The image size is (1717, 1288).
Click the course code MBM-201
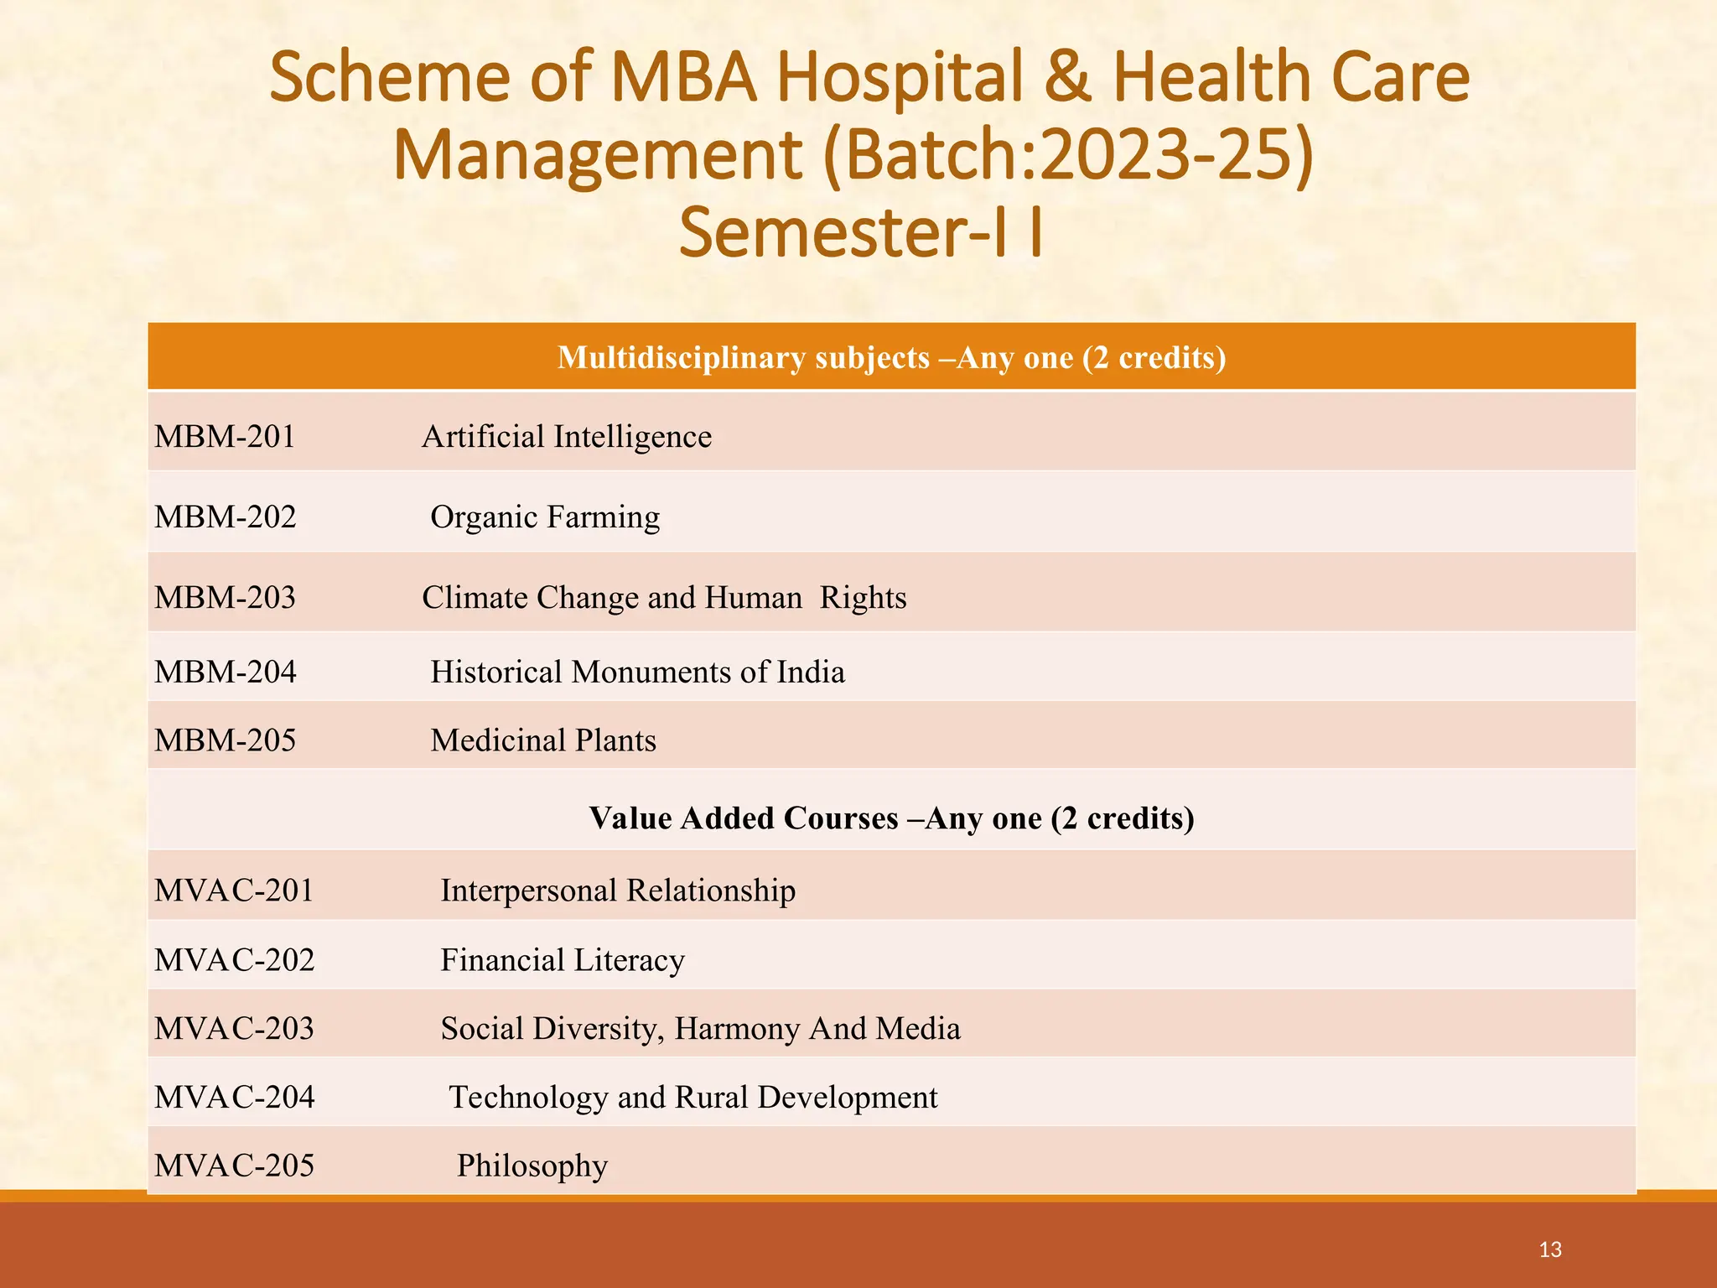tap(225, 437)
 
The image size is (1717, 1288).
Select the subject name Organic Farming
tap(545, 517)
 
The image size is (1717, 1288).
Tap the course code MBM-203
tap(225, 598)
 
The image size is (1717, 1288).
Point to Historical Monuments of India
tap(637, 673)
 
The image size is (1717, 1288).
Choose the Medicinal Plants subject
tap(543, 740)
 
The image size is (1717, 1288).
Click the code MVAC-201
tap(234, 891)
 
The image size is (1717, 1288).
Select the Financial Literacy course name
tap(563, 960)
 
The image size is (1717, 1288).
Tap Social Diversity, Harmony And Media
tap(700, 1029)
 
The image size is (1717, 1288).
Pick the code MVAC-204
tap(234, 1098)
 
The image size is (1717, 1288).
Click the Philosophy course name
tap(532, 1166)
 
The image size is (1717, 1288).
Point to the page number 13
tap(1550, 1250)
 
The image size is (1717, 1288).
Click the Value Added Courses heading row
tap(891, 818)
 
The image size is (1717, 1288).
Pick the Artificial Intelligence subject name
tap(567, 437)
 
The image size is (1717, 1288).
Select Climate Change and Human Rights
tap(664, 598)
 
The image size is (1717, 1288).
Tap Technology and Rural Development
tap(693, 1098)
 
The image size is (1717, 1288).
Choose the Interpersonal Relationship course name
tap(618, 891)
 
